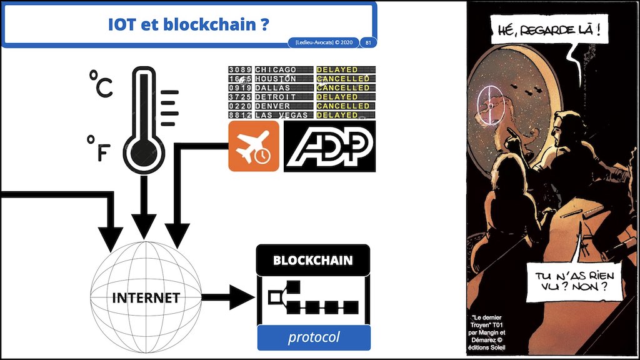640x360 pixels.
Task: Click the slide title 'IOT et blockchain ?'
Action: coord(188,24)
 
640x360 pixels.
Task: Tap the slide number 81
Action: coord(369,42)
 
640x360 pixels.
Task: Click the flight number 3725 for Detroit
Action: coord(240,97)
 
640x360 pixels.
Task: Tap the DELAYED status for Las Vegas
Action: coord(337,115)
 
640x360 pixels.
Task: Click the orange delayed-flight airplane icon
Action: coord(254,146)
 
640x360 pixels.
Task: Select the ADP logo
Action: coord(330,147)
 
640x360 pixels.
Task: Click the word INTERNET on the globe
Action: coord(146,297)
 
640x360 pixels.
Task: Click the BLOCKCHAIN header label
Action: coord(312,260)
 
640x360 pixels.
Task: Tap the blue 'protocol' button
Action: coord(314,337)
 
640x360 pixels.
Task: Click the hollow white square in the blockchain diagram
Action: coord(273,297)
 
